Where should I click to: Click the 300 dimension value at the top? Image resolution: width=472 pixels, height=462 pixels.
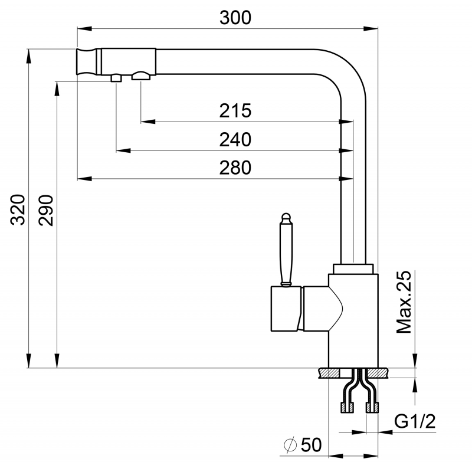click(235, 18)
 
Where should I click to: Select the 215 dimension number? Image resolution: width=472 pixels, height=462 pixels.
click(235, 111)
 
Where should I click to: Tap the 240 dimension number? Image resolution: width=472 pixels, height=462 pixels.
click(235, 140)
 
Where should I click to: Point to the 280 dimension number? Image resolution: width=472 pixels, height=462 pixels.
click(235, 168)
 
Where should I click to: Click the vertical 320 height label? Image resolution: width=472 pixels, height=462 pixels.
click(18, 210)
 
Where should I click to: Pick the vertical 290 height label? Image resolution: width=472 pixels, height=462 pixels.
click(46, 210)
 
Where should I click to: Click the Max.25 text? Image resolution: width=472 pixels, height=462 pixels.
click(404, 302)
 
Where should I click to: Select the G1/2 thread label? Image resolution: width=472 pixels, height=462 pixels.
click(415, 421)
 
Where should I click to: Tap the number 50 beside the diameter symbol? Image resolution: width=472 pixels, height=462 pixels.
click(312, 445)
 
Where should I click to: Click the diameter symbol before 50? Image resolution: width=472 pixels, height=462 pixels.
click(290, 445)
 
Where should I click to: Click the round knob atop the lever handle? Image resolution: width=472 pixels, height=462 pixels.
click(286, 218)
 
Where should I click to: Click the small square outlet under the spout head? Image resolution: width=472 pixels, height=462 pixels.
click(116, 78)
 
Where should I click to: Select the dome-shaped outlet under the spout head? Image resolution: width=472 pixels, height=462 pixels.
click(141, 76)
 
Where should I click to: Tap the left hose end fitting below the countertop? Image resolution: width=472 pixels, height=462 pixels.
click(347, 408)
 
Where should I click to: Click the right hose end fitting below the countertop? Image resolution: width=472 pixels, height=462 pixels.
click(372, 408)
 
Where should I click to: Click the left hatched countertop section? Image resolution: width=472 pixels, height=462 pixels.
click(329, 373)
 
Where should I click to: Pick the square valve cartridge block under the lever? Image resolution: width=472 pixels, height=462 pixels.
click(286, 309)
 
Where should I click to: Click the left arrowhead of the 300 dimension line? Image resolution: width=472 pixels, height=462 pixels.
click(84, 29)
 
